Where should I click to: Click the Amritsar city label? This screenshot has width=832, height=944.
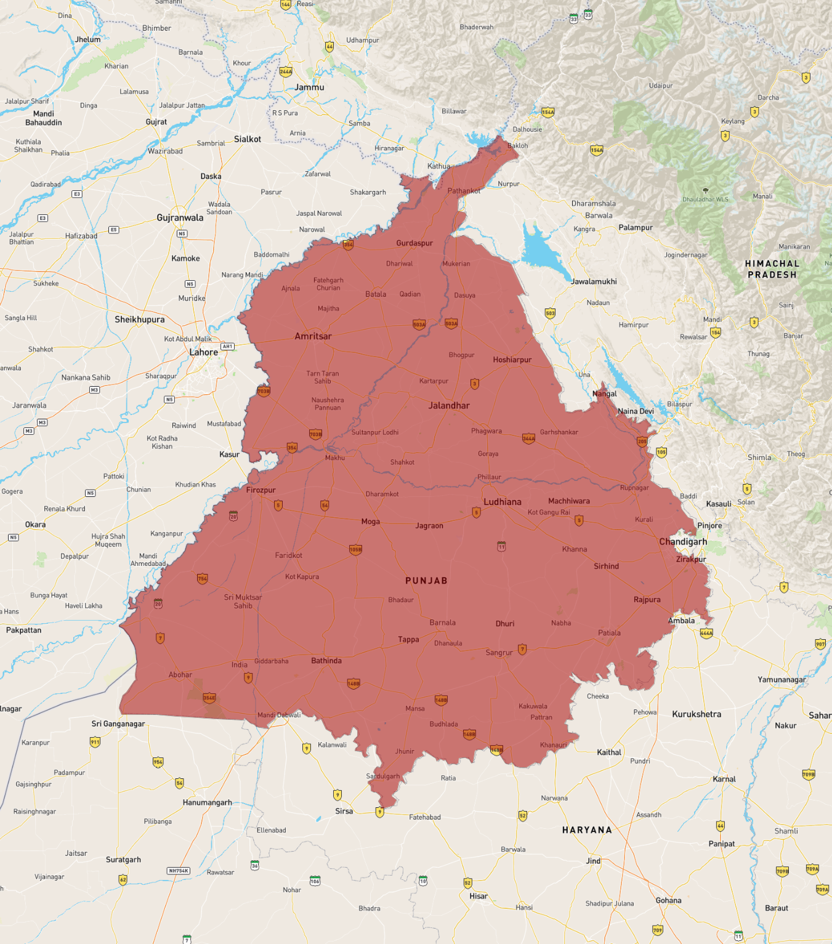[313, 336]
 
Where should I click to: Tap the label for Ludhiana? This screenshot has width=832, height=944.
[502, 502]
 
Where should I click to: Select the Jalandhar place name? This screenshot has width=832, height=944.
[449, 405]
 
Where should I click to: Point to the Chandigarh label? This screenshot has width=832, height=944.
[683, 542]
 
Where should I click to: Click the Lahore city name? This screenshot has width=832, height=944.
[203, 352]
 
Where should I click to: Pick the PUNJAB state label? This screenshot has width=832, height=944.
[426, 581]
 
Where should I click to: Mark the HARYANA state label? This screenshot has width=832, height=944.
[587, 830]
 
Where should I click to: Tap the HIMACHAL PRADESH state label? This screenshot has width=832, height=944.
[772, 269]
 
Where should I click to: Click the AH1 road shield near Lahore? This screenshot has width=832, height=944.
[228, 346]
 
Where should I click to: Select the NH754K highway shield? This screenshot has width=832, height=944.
[179, 871]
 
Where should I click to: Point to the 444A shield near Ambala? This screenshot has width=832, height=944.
[706, 633]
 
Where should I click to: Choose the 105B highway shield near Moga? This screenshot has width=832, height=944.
[355, 549]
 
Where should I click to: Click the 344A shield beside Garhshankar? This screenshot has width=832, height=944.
[528, 438]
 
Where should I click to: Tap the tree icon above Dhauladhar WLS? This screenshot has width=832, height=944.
[705, 191]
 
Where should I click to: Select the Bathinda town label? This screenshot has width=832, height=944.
[326, 661]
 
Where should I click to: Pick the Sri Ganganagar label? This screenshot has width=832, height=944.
[118, 724]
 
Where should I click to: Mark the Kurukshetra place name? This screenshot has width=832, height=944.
[697, 714]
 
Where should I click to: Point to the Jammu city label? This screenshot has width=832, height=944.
[309, 87]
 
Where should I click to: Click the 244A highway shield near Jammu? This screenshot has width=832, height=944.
[286, 71]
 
